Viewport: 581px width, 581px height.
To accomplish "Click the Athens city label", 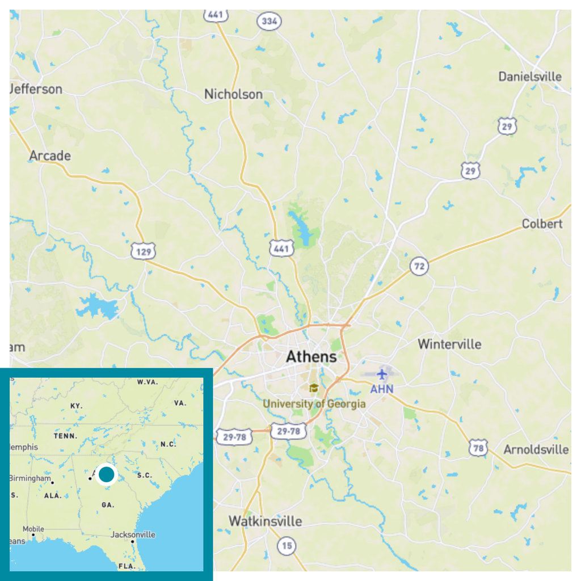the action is point(311,357).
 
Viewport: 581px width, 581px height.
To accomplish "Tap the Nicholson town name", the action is point(233,94).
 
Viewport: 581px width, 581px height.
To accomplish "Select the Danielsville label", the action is point(530,77).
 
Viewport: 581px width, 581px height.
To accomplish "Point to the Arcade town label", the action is point(50,155).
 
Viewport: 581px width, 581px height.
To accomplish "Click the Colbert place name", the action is point(542,224).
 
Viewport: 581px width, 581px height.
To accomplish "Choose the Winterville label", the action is point(449,344).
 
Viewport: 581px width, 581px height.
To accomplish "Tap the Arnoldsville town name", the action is point(536,449).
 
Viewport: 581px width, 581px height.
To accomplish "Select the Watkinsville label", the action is point(265,521).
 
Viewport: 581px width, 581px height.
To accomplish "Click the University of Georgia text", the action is point(314,404).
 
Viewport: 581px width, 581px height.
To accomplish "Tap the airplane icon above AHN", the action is point(382,374).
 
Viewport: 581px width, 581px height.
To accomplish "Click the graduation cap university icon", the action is point(313,389).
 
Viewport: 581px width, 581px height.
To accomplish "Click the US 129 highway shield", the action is point(143,251).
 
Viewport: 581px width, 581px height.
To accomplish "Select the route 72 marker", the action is point(419,266).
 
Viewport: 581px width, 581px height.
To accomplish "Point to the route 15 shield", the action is point(287,546).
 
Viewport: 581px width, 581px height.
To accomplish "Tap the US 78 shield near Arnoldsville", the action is point(478,448).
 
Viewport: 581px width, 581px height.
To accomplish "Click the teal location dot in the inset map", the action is point(106,474).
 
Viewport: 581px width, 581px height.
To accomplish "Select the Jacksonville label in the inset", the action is point(133,534).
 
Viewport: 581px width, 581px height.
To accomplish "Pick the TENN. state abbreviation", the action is point(65,436).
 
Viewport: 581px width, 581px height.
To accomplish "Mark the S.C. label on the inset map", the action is point(145,475).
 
